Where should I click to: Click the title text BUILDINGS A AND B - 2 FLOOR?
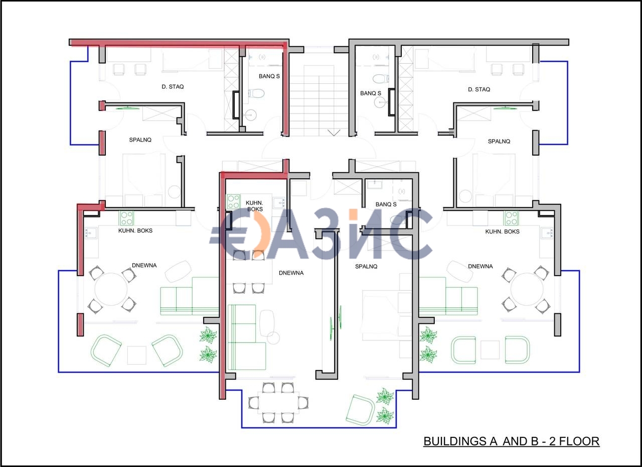coord(511,441)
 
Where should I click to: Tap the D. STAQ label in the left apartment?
coord(173,87)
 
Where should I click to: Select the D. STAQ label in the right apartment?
coord(479,89)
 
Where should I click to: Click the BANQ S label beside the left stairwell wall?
coord(269,76)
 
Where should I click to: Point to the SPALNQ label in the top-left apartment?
coord(140,140)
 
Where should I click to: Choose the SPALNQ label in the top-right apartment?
coord(499,142)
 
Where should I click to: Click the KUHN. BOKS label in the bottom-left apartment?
coord(135,230)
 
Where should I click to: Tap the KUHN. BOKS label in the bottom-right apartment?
coord(502,231)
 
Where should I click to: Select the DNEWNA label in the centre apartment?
coord(291,273)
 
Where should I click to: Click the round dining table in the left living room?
coord(111,289)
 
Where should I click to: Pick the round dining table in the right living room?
coord(527,289)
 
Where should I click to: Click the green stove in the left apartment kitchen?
coord(126,218)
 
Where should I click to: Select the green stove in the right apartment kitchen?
coord(511,218)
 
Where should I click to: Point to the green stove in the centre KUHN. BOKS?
coord(234,202)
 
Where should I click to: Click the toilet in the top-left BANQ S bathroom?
coord(256,93)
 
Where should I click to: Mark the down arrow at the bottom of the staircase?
coord(334,133)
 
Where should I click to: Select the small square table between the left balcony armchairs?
coord(137,355)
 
